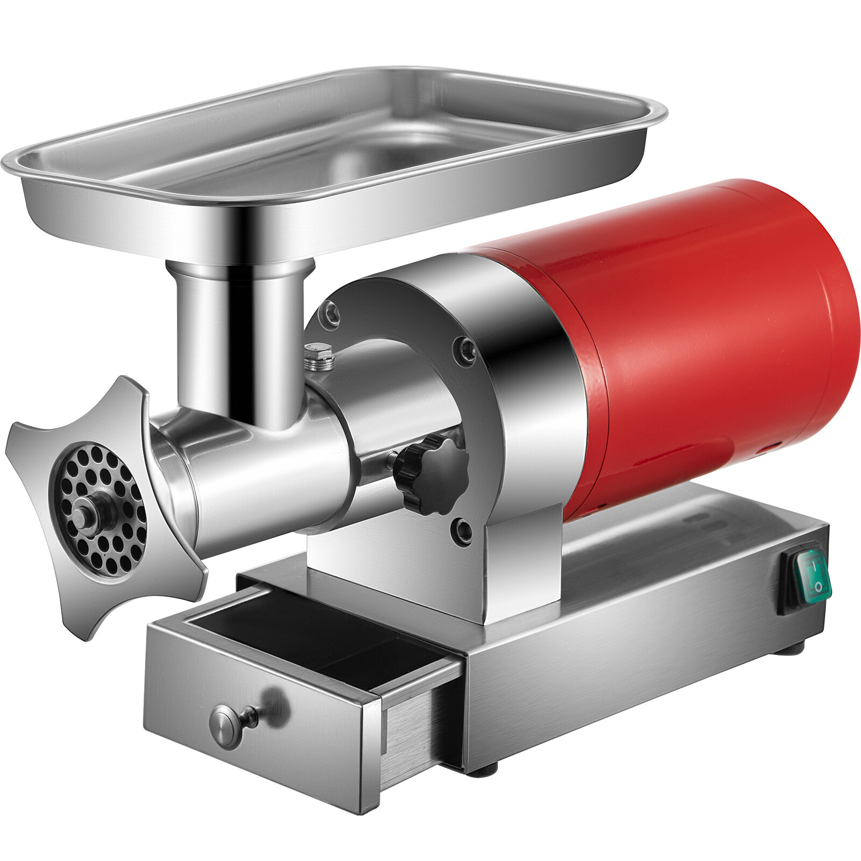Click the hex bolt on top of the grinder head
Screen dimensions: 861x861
[x=318, y=357]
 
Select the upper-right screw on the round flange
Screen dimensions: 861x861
[x=465, y=348]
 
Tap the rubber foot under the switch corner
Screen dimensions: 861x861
[x=795, y=647]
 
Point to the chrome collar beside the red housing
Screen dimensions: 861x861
[x=527, y=377]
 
